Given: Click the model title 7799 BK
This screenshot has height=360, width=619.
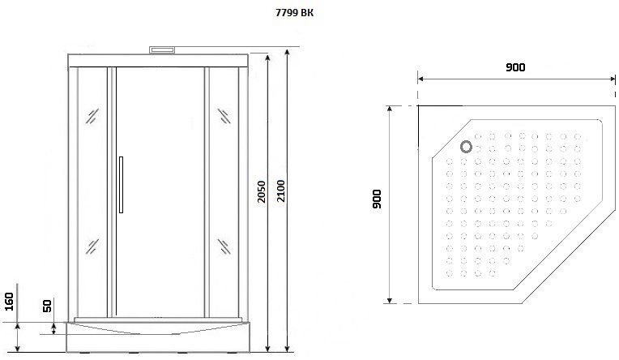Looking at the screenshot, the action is [294, 13].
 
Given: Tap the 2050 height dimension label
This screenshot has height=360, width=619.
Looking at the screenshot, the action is [262, 191].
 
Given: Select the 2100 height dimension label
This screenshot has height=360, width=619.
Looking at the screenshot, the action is [280, 191].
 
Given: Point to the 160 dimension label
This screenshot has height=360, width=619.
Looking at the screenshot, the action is [9, 302].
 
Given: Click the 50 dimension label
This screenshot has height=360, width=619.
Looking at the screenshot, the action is [47, 306].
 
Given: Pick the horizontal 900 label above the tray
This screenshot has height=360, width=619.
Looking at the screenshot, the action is [515, 67].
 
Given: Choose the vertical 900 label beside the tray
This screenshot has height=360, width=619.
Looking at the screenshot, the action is [377, 199].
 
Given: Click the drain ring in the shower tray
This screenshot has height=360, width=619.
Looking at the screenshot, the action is [466, 147].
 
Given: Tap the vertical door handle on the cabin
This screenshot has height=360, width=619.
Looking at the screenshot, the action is [121, 185].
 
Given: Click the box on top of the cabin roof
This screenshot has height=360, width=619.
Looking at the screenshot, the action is [162, 49].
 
